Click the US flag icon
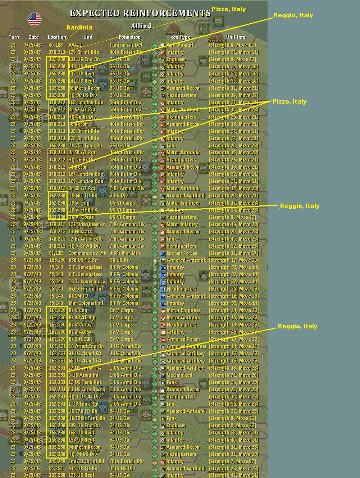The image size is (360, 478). pyautogui.click(x=35, y=19)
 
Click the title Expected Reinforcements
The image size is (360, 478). pyautogui.click(x=140, y=13)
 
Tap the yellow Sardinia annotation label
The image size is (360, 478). pyautogui.click(x=79, y=27)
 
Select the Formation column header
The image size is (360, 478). pyautogui.click(x=129, y=37)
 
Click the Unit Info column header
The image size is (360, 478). pyautogui.click(x=236, y=37)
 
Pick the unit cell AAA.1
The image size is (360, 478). pyautogui.click(x=75, y=45)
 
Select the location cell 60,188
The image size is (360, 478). pyautogui.click(x=56, y=45)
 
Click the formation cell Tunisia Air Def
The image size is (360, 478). pyautogui.click(x=126, y=45)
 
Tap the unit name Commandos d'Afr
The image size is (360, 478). pyautogui.click(x=87, y=253)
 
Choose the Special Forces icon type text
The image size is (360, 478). pyautogui.click(x=182, y=253)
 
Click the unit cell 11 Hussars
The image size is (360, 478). pyautogui.click(x=80, y=232)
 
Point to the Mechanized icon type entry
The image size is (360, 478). pyautogui.click(x=179, y=375)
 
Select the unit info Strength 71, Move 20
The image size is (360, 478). pyautogui.click(x=233, y=375)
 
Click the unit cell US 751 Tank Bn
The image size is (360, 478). pyautogui.click(x=85, y=146)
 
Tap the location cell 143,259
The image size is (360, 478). pyautogui.click(x=57, y=461)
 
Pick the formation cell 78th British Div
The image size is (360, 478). pyautogui.click(x=127, y=461)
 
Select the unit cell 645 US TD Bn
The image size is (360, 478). pyautogui.click(x=83, y=469)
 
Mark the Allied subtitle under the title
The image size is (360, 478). pyautogui.click(x=141, y=26)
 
